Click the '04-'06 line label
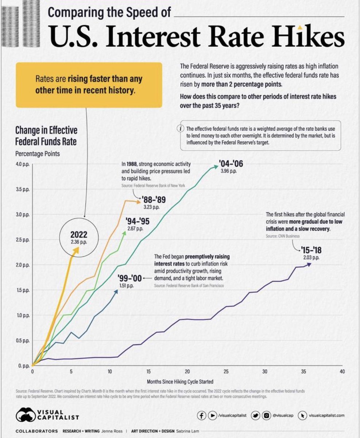231,164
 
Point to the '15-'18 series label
311,250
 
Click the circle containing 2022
79,237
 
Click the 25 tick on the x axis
226,372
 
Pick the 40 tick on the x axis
342,372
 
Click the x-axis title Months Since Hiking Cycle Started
180,382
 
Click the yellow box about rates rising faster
89,84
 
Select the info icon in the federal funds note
179,129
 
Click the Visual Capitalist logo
47,415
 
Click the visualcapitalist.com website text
326,415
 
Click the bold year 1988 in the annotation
132,164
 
